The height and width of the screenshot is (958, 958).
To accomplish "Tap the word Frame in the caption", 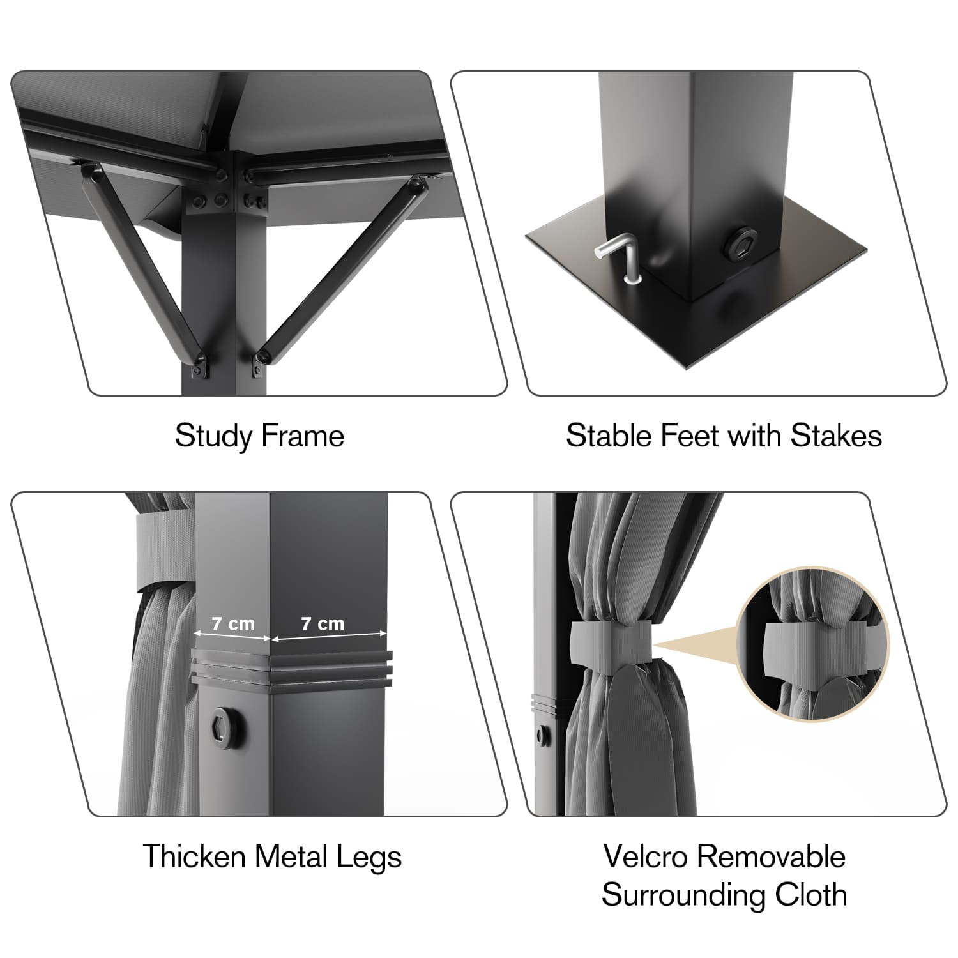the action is [x=303, y=436].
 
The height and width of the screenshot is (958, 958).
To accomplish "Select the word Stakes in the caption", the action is [x=836, y=436].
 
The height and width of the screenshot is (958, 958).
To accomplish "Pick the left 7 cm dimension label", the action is [x=232, y=623].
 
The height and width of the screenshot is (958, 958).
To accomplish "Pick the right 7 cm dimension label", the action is [x=323, y=623].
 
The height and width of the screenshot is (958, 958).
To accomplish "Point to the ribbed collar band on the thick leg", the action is [x=291, y=669].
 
